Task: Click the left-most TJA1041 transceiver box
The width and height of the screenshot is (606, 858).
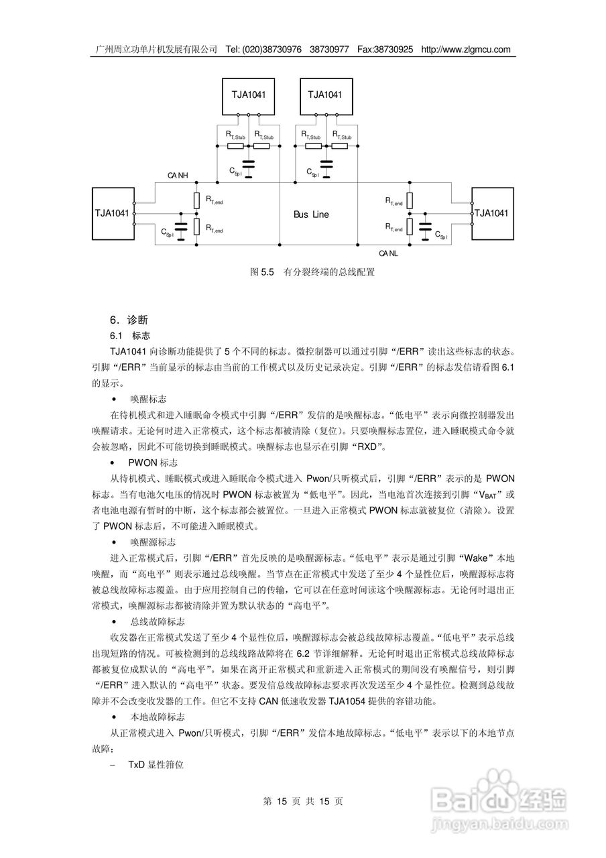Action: tap(112, 213)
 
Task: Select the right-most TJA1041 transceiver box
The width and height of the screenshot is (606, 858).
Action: tap(493, 213)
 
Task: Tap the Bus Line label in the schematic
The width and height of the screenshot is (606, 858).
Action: tap(311, 214)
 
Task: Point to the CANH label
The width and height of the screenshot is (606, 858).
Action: tap(178, 176)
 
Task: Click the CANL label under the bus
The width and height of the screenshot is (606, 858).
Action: tap(388, 253)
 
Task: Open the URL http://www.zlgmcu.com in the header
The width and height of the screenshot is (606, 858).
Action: tap(466, 50)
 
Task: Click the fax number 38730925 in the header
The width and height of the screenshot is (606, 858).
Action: tap(396, 50)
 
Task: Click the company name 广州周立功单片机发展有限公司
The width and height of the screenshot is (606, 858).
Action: tap(157, 50)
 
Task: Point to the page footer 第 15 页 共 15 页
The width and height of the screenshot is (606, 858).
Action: tap(303, 801)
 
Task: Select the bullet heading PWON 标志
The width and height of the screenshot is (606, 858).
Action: tap(154, 463)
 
